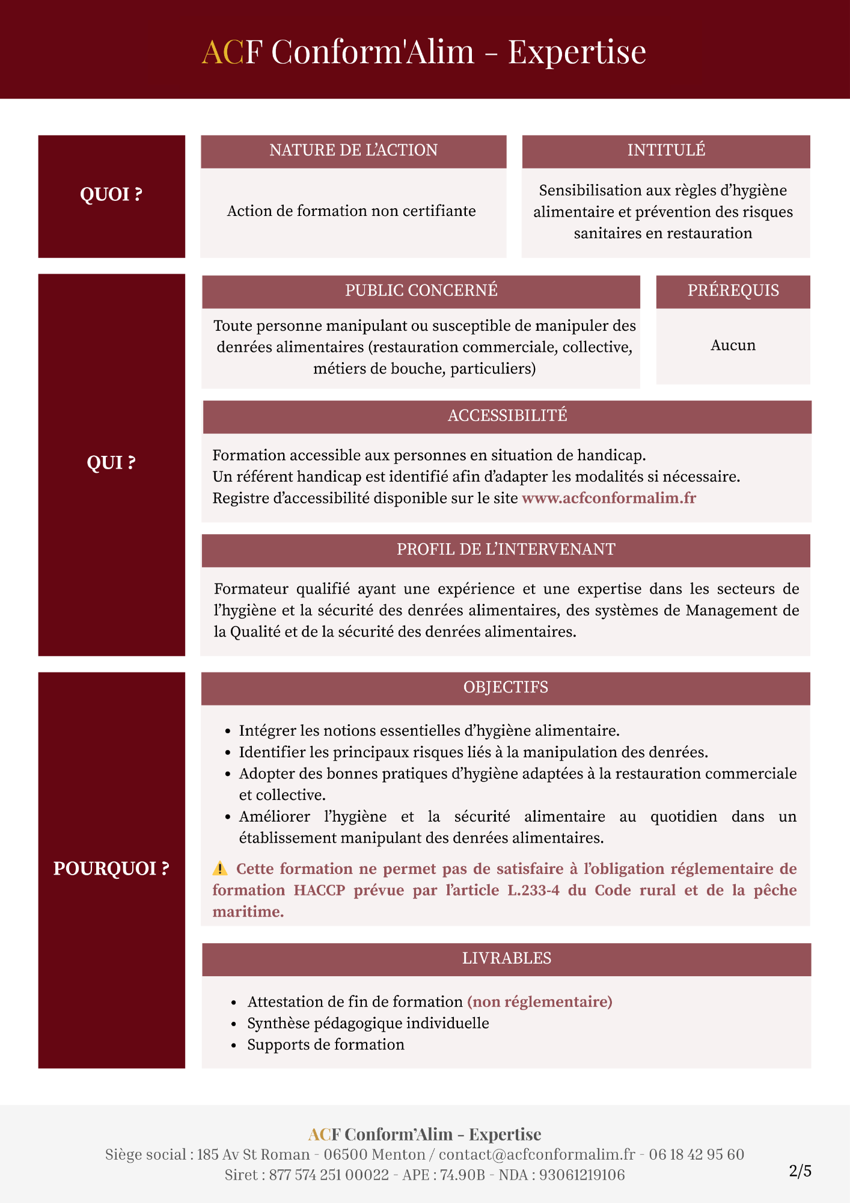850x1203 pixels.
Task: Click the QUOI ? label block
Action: click(111, 195)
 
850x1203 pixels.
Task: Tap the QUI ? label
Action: click(111, 463)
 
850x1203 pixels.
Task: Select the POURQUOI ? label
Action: click(111, 869)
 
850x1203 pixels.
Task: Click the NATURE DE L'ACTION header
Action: click(353, 150)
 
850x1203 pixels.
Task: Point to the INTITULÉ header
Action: click(666, 150)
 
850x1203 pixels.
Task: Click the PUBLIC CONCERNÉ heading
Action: click(421, 291)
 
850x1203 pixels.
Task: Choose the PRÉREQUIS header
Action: click(733, 291)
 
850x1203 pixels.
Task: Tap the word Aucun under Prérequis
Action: click(733, 345)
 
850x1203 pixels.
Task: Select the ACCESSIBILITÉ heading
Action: click(507, 416)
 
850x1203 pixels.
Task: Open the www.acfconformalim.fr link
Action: click(608, 498)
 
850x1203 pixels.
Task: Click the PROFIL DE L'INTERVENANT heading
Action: click(506, 549)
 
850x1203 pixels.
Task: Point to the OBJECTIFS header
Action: click(506, 687)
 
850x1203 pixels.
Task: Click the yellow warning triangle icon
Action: click(220, 869)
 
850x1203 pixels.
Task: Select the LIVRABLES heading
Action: click(506, 958)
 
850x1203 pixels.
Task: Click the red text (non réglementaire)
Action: click(540, 1001)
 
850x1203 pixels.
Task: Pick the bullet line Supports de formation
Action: click(326, 1045)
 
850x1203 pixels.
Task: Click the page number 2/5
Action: click(800, 1171)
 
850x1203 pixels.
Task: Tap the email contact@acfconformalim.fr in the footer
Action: click(537, 1154)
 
